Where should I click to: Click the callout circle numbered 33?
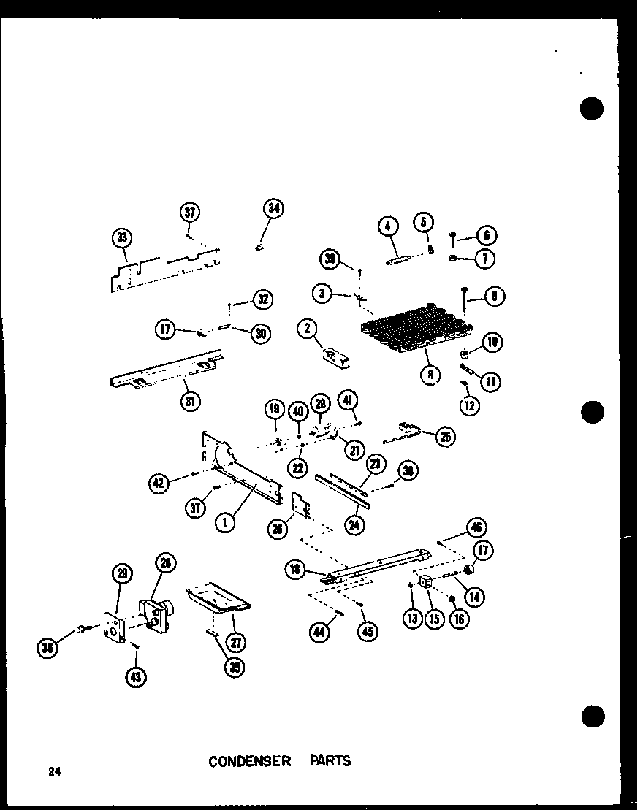[x=123, y=238]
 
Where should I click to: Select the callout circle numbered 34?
[x=273, y=210]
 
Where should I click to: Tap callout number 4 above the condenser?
[x=389, y=228]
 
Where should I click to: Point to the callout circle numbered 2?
[x=307, y=331]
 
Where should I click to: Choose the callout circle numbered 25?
[x=444, y=436]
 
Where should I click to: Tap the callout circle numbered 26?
[x=278, y=529]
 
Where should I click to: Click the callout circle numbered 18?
[x=296, y=571]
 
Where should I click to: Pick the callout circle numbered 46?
[x=478, y=527]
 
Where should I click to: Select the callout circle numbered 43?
[x=135, y=677]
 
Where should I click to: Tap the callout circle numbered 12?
[x=471, y=404]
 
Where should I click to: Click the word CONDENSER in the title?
[x=249, y=761]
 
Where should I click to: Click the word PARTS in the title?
[x=333, y=761]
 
